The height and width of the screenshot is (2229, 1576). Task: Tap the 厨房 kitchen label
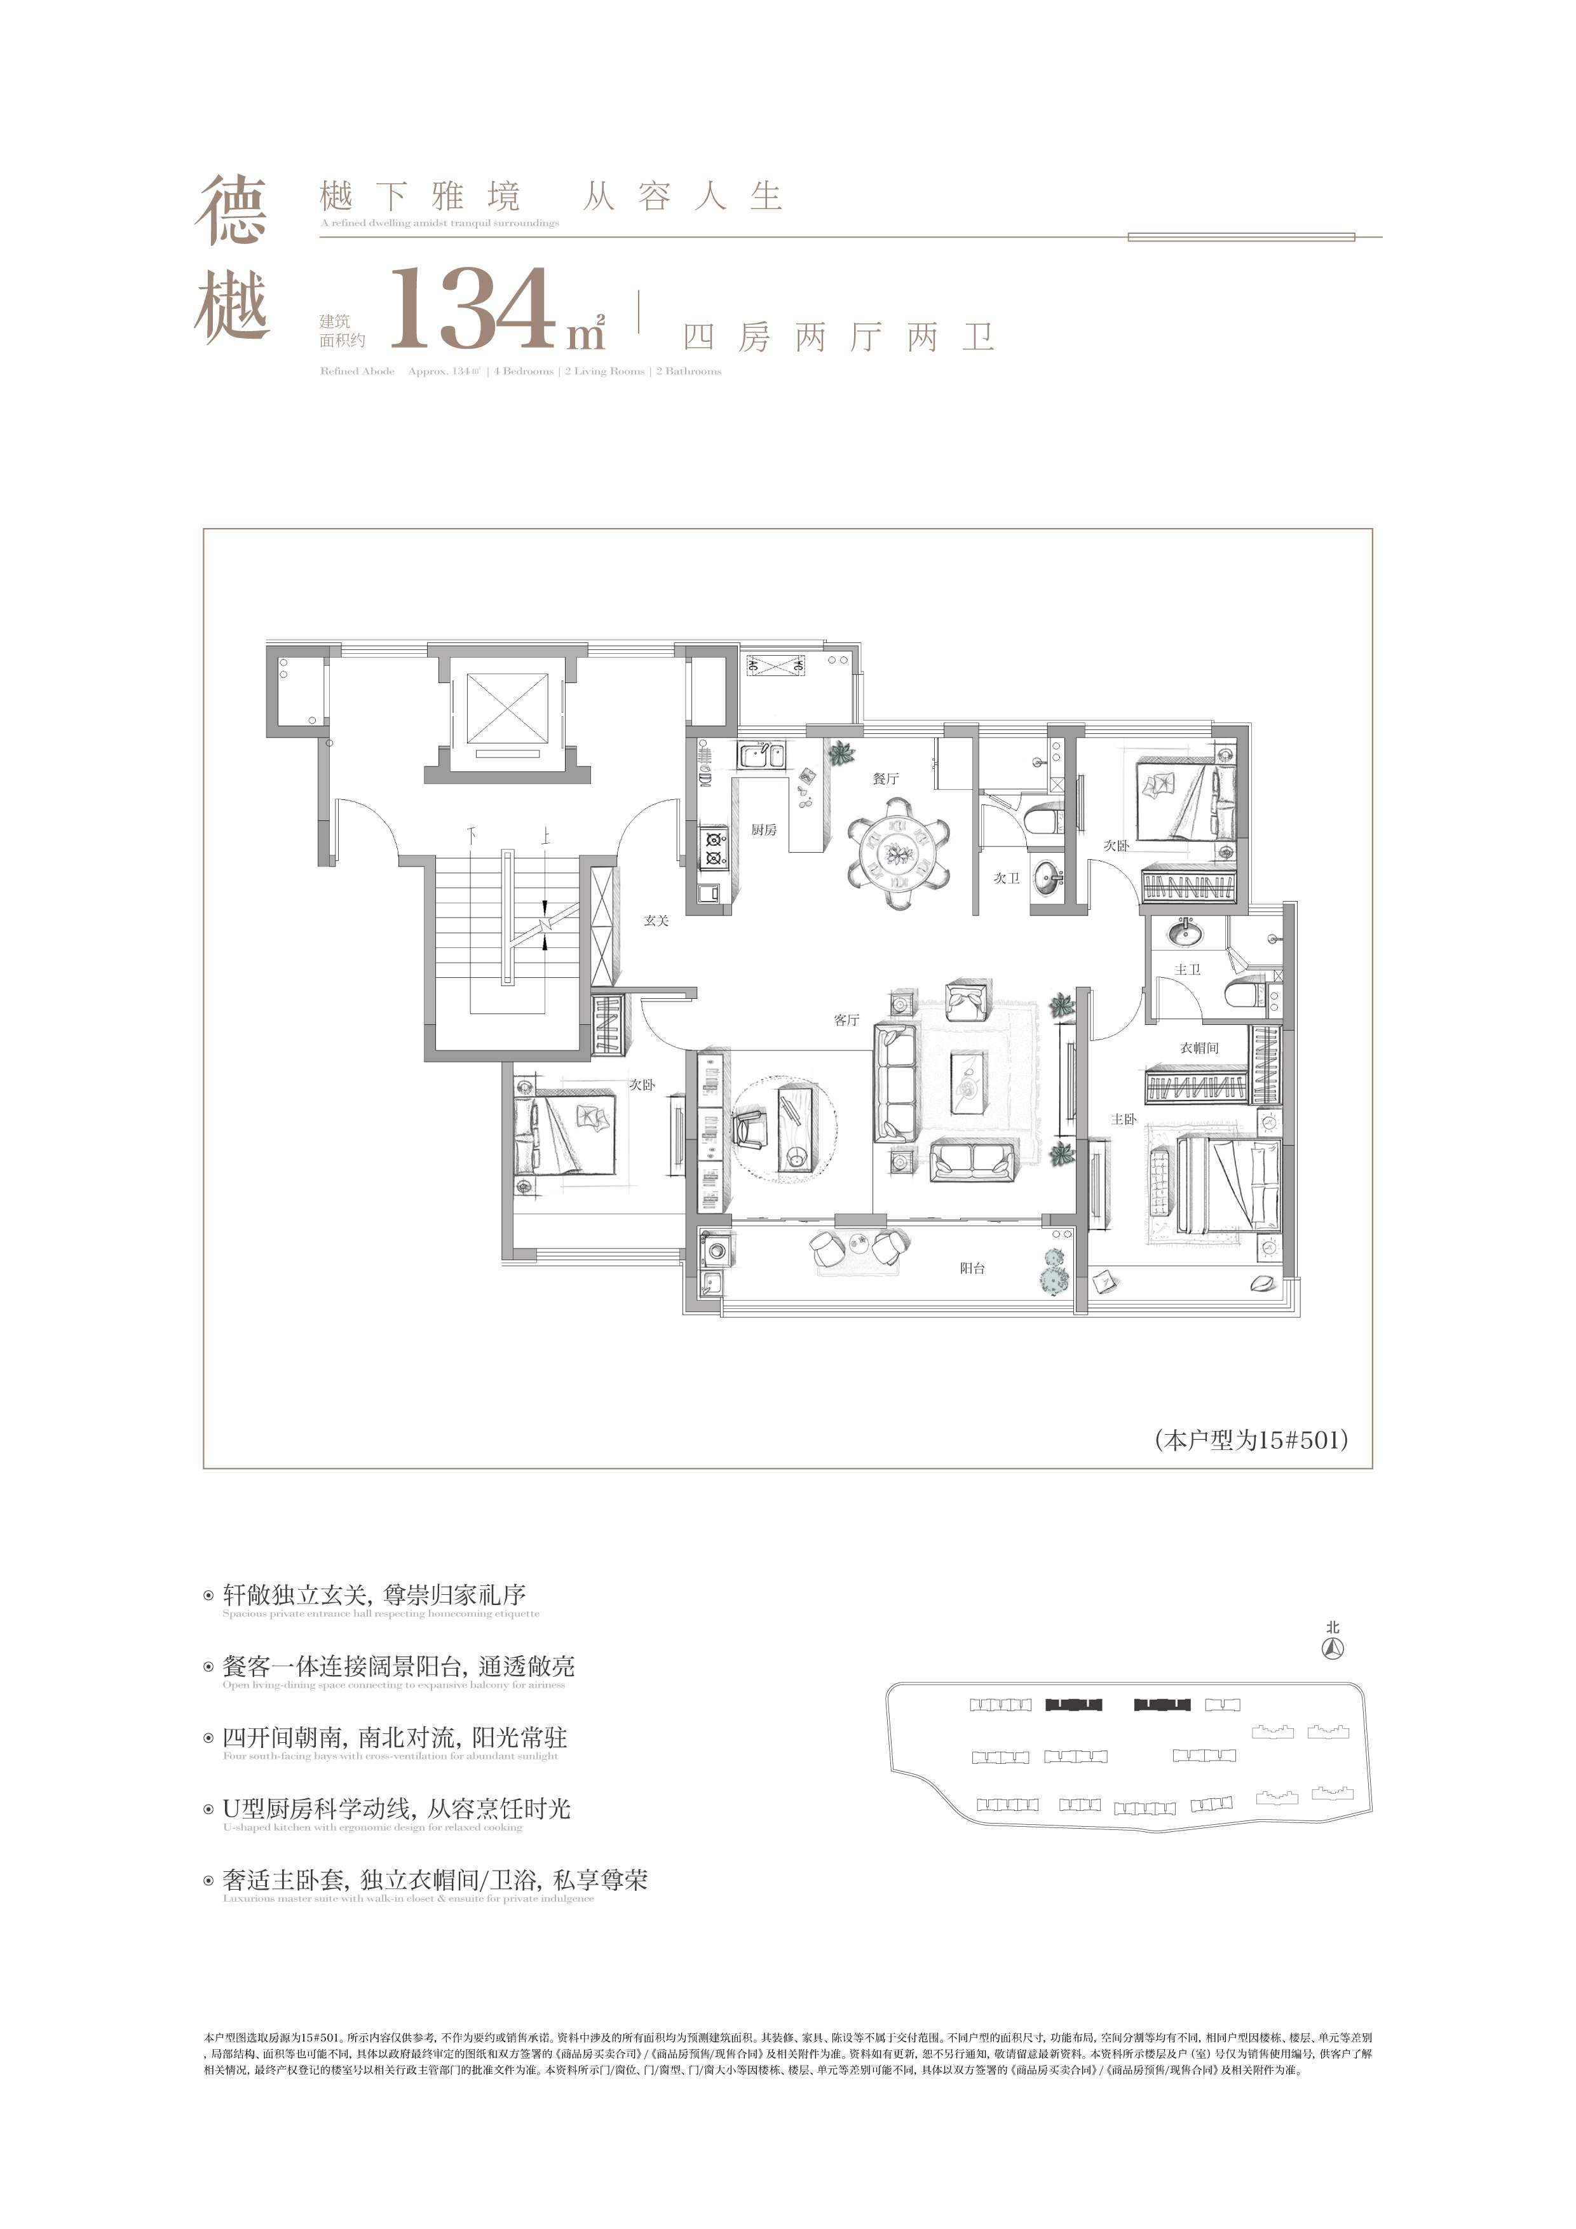[x=763, y=830]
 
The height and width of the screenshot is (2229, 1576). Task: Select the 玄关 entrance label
[x=656, y=920]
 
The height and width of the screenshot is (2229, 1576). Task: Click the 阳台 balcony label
[x=972, y=1268]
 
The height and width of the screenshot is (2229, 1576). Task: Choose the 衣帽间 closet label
[x=1199, y=1048]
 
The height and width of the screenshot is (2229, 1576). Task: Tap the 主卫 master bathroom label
[x=1188, y=970]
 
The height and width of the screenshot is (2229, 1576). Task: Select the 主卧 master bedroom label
[x=1124, y=1120]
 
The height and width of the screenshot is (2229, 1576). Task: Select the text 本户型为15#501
[x=1251, y=1440]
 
